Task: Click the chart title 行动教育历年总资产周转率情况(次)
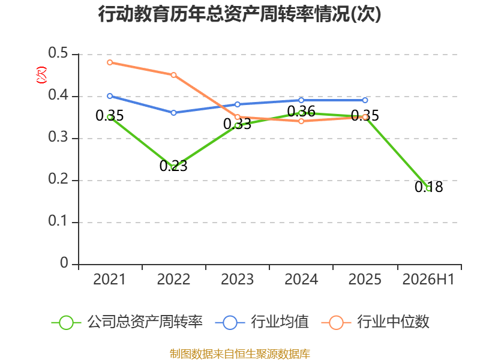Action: (239, 14)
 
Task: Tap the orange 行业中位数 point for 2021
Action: (110, 62)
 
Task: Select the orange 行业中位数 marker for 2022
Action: (173, 75)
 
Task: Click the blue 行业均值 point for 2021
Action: (110, 96)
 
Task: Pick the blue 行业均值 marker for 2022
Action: (173, 113)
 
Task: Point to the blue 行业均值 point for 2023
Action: (238, 104)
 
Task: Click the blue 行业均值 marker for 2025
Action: (365, 100)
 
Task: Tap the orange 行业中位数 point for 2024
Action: (301, 121)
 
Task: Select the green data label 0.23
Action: (173, 166)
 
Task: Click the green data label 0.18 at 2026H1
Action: (429, 187)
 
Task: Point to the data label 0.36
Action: (301, 112)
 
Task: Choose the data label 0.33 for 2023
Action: (237, 124)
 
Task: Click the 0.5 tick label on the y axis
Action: (58, 53)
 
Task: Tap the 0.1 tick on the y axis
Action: (58, 221)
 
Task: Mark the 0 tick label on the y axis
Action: (64, 263)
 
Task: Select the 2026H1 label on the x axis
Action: (428, 280)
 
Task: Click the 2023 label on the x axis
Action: (237, 280)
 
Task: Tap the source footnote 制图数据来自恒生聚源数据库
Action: (240, 354)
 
